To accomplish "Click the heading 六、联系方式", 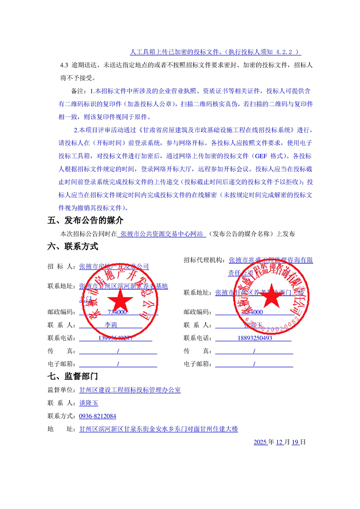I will tap(73, 247).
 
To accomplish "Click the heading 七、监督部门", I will tap(73, 376).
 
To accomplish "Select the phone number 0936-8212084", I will tap(98, 416).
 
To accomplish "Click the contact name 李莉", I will tap(111, 325).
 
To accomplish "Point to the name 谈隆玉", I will tap(89, 403).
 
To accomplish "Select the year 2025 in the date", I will tap(260, 442).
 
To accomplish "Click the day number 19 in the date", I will tap(295, 442).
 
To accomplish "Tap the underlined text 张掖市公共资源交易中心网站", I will tap(162, 234).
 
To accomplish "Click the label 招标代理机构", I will tap(203, 260).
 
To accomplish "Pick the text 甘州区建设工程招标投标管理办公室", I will tap(130, 390).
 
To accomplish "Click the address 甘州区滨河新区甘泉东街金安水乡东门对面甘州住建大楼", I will tap(158, 429).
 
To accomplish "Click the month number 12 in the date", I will tap(279, 442).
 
